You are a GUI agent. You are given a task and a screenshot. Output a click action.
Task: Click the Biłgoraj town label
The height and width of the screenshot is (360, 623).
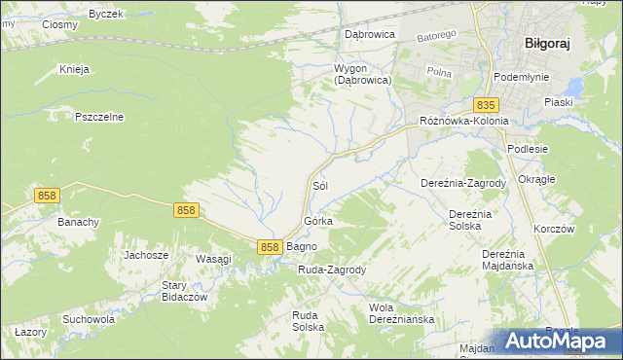tap(546, 44)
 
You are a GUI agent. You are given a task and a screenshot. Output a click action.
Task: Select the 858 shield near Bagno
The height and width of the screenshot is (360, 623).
tap(271, 248)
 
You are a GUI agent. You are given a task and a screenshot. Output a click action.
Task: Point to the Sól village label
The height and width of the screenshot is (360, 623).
tap(318, 185)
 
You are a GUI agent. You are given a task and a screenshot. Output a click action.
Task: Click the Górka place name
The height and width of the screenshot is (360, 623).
tap(318, 222)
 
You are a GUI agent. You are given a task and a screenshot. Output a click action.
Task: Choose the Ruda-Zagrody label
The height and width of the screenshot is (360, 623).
tap(331, 270)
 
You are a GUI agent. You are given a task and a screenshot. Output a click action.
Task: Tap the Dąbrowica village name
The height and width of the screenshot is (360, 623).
tap(369, 33)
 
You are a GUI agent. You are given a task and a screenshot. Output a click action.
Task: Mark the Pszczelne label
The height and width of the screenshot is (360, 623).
tap(99, 117)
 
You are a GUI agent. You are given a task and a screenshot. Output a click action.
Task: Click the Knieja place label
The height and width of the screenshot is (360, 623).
tap(74, 70)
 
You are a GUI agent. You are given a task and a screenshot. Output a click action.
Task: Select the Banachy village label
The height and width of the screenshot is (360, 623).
tap(79, 222)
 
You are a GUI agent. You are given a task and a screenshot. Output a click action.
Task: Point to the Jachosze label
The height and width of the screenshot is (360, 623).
tap(146, 255)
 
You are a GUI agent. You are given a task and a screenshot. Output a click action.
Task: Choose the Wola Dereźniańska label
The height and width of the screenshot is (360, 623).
tap(401, 313)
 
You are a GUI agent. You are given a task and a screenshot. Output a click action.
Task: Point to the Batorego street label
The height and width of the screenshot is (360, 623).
tap(436, 37)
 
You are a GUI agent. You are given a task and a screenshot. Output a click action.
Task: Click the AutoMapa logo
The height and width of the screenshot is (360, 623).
tap(558, 342)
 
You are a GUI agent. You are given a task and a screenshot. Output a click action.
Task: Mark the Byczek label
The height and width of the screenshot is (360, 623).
tap(105, 14)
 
